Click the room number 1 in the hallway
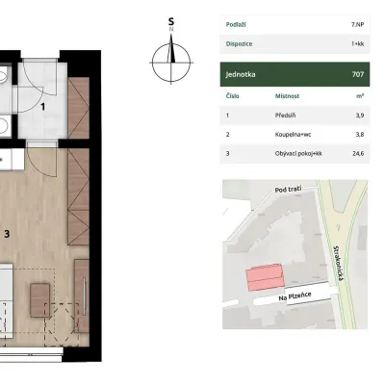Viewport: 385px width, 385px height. pyautogui.click(x=42, y=107)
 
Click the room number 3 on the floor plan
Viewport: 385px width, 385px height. pyautogui.click(x=7, y=234)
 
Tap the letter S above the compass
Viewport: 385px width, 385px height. pyautogui.click(x=171, y=22)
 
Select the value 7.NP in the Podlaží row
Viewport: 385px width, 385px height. pyautogui.click(x=357, y=25)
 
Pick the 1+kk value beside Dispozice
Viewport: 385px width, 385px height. pyautogui.click(x=357, y=44)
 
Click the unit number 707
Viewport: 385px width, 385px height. pyautogui.click(x=358, y=74)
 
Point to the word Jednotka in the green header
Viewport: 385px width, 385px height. pyautogui.click(x=241, y=74)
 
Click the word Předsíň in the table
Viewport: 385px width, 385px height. pyautogui.click(x=285, y=115)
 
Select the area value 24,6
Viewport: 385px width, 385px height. pyautogui.click(x=358, y=153)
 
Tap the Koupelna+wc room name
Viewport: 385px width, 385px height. pyautogui.click(x=293, y=135)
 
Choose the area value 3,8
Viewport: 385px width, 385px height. pyautogui.click(x=360, y=135)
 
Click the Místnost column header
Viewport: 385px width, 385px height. pyautogui.click(x=287, y=96)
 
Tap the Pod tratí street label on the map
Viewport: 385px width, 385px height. pyautogui.click(x=288, y=190)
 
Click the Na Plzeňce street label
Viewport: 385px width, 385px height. pyautogui.click(x=295, y=296)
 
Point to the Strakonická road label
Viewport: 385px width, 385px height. pyautogui.click(x=339, y=264)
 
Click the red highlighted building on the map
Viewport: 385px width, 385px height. pyautogui.click(x=265, y=277)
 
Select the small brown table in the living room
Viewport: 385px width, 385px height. pyautogui.click(x=40, y=300)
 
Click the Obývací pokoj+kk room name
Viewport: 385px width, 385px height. pyautogui.click(x=298, y=154)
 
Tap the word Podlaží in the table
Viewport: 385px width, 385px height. pyautogui.click(x=236, y=25)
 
